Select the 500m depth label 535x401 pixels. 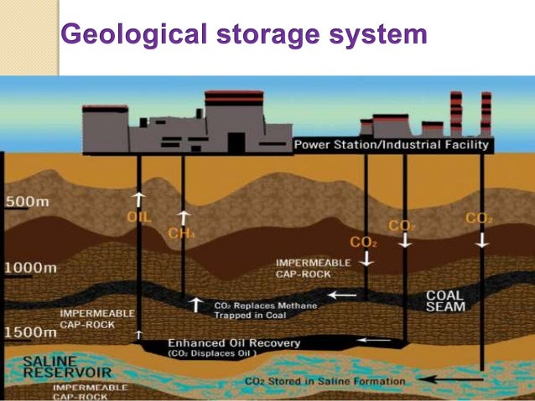(x=26, y=203)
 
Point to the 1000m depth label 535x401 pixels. (x=31, y=268)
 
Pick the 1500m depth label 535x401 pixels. (x=31, y=332)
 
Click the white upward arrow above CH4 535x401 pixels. (x=182, y=217)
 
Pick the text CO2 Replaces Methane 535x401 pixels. (x=266, y=306)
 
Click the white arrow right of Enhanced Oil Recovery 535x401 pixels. (x=374, y=340)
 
